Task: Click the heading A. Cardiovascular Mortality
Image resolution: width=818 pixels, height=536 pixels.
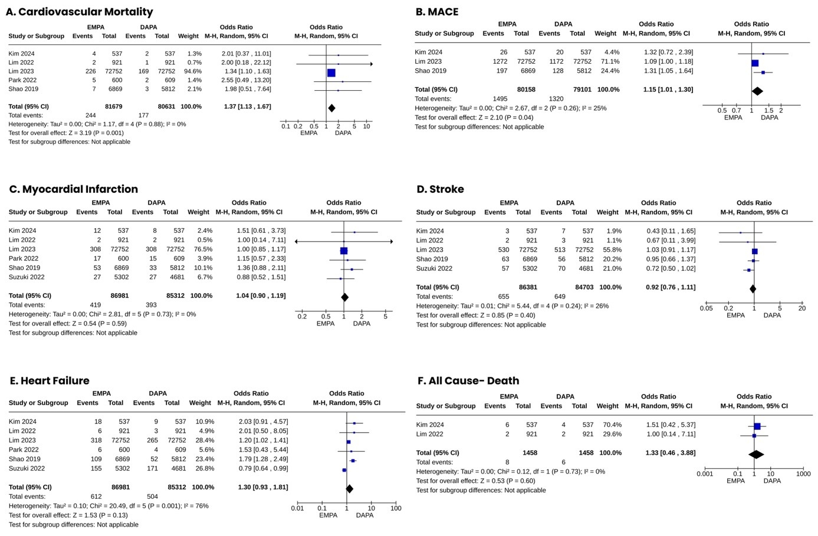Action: coord(79,12)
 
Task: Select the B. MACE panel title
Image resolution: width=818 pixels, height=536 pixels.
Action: coord(437,12)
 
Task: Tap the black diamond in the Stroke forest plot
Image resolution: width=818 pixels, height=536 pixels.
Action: coord(753,288)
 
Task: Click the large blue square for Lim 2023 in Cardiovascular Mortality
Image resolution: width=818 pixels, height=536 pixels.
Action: coord(331,73)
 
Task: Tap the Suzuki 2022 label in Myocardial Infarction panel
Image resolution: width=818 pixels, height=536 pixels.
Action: coord(27,277)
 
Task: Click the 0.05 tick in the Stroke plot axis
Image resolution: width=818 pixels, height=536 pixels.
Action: coord(707,308)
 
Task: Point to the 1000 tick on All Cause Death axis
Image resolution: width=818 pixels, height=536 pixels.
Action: coord(803,474)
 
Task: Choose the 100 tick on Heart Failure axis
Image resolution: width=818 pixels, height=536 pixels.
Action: coord(396,508)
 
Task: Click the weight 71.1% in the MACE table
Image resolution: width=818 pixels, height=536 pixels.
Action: coord(610,61)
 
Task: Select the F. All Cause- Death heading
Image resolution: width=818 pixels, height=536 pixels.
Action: coord(468,381)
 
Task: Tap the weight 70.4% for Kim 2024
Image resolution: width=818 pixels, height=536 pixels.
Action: coord(612,425)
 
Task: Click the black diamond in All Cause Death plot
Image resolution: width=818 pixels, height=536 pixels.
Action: coord(756,454)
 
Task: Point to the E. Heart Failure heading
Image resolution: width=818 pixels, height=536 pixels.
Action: coord(50,381)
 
